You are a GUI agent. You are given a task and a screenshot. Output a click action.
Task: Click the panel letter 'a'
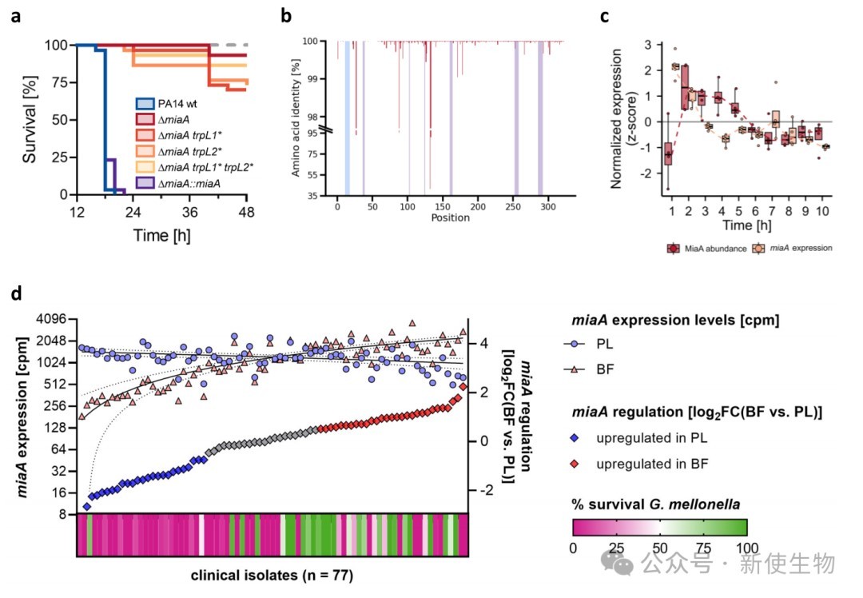click(x=16, y=17)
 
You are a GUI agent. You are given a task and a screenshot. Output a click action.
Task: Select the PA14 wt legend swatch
click(x=145, y=103)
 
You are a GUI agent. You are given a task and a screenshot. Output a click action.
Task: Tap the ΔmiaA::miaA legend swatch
click(x=145, y=183)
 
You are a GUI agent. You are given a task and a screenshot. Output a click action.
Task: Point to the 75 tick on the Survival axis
click(x=58, y=82)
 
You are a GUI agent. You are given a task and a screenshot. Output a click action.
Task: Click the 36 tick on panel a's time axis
click(x=189, y=212)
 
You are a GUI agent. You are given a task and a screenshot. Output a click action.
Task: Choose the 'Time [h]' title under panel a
click(x=161, y=236)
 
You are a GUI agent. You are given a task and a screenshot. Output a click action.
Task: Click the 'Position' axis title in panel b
click(x=450, y=217)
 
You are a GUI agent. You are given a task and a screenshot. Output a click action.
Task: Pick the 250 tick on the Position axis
click(x=512, y=206)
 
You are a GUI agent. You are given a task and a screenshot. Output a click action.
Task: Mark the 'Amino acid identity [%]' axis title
click(x=296, y=118)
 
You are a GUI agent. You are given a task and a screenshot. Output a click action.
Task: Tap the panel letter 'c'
click(x=605, y=17)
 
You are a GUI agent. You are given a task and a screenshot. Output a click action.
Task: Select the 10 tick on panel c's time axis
click(x=822, y=211)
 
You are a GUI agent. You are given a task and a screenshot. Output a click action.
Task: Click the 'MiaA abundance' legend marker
click(x=674, y=249)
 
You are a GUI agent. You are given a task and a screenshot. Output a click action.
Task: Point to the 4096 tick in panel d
click(x=50, y=319)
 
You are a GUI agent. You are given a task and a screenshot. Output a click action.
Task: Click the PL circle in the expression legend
click(x=575, y=344)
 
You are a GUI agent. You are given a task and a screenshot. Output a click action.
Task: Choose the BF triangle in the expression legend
click(x=575, y=369)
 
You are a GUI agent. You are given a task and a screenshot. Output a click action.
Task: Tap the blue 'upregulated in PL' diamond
click(x=575, y=438)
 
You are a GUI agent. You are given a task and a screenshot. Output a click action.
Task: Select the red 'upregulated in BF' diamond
click(x=575, y=464)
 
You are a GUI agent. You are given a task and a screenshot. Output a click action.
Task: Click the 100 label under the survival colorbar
click(x=747, y=548)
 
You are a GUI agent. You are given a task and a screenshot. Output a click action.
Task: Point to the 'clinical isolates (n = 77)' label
click(x=272, y=576)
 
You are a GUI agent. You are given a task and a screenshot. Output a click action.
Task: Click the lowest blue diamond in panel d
click(x=86, y=507)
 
